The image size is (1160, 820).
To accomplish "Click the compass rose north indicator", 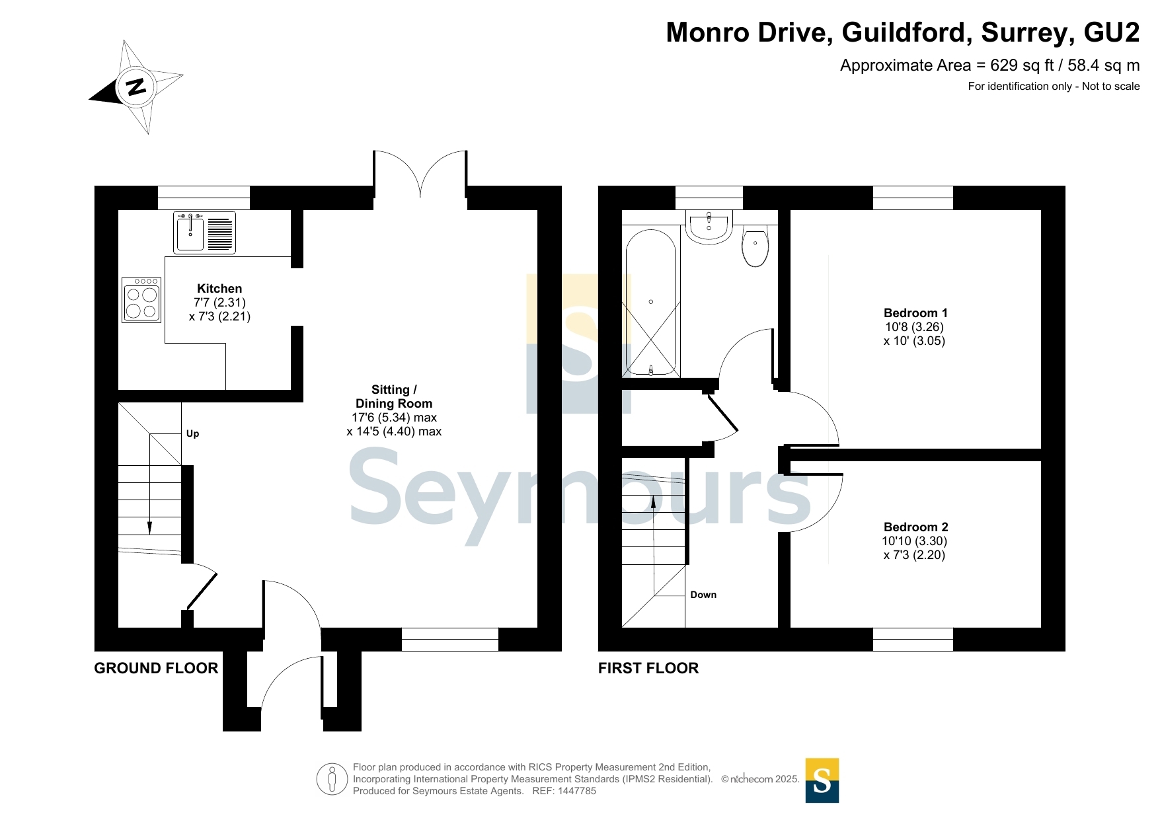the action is pyautogui.click(x=135, y=87).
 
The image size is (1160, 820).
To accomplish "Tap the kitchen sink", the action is pyautogui.click(x=190, y=232).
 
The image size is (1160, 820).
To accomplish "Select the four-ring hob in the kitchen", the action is pyautogui.click(x=141, y=300).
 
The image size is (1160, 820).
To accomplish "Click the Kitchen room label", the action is pyautogui.click(x=219, y=289).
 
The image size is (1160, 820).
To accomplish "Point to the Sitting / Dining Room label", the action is pyautogui.click(x=394, y=396).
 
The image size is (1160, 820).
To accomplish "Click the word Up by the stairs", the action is pyautogui.click(x=192, y=433).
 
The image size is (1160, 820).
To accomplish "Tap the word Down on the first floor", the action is pyautogui.click(x=703, y=595).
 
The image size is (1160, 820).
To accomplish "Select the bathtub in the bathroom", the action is pyautogui.click(x=651, y=302).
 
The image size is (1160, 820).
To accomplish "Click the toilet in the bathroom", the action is pyautogui.click(x=755, y=245).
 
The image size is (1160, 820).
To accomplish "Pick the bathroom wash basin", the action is pyautogui.click(x=709, y=227).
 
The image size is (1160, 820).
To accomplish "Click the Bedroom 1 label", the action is pyautogui.click(x=915, y=313).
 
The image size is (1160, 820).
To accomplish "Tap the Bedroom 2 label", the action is pyautogui.click(x=915, y=527).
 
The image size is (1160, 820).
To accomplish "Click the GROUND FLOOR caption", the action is pyautogui.click(x=156, y=668).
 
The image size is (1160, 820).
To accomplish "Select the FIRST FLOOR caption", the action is pyautogui.click(x=648, y=668).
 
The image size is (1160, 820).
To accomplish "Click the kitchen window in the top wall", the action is pyautogui.click(x=204, y=198).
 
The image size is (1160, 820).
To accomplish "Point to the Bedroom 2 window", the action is pyautogui.click(x=913, y=639).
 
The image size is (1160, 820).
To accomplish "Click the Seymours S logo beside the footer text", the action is pyautogui.click(x=822, y=780).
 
